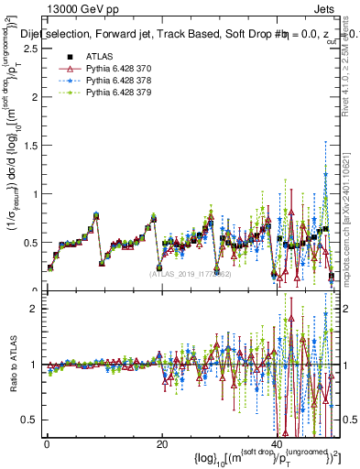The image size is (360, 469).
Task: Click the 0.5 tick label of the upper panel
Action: (x=29, y=243)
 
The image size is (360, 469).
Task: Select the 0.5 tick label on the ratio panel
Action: (x=29, y=420)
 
